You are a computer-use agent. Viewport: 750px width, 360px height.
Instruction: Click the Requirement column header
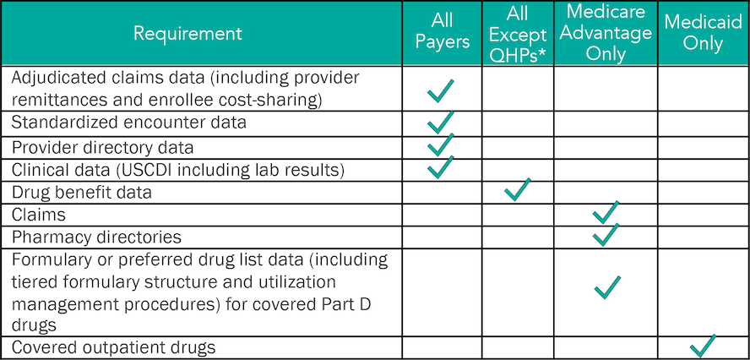[x=187, y=34]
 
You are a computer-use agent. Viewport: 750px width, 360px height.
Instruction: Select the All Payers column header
[x=442, y=31]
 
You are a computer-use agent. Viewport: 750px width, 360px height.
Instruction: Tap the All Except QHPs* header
[x=518, y=35]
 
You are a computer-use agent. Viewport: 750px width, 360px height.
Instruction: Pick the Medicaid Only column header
[x=703, y=33]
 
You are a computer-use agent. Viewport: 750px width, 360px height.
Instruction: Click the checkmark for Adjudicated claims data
[x=441, y=91]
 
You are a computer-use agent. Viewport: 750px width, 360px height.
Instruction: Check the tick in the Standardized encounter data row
[x=441, y=122]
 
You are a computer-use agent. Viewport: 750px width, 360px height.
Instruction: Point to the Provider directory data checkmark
[x=441, y=145]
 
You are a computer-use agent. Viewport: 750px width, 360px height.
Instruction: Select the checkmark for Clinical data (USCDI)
[x=441, y=167]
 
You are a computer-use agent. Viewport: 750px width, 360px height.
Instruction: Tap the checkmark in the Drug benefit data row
[x=518, y=189]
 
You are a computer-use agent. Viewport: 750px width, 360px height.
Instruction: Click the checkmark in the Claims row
[x=606, y=212]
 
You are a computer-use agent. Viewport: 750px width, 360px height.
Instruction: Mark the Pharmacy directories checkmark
[x=606, y=235]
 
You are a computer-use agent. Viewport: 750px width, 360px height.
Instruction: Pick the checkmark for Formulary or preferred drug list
[x=607, y=287]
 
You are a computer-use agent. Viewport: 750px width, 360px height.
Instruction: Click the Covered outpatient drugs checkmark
[x=703, y=346]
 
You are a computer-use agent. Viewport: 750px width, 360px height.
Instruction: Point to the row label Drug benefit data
[x=81, y=193]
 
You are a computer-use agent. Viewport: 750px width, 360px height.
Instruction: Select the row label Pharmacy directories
[x=96, y=237]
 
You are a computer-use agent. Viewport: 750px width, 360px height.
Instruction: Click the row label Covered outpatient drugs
[x=113, y=347]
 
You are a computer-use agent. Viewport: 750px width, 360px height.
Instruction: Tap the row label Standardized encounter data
[x=129, y=122]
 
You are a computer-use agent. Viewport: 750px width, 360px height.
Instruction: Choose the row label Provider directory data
[x=103, y=148]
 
